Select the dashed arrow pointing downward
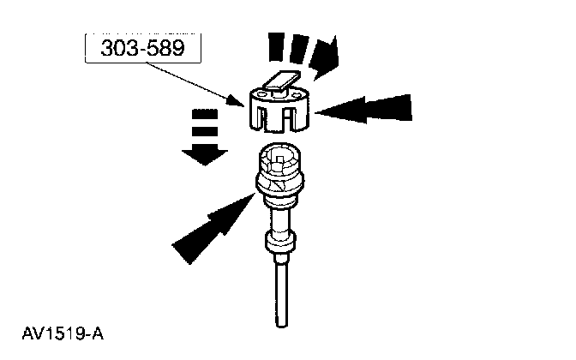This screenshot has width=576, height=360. (x=202, y=136)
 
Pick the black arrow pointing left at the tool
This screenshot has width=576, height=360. (x=364, y=110)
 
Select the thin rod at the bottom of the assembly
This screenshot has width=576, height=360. (x=279, y=296)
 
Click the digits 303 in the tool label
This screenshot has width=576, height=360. (x=119, y=48)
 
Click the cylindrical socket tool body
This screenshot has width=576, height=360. (x=279, y=107)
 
